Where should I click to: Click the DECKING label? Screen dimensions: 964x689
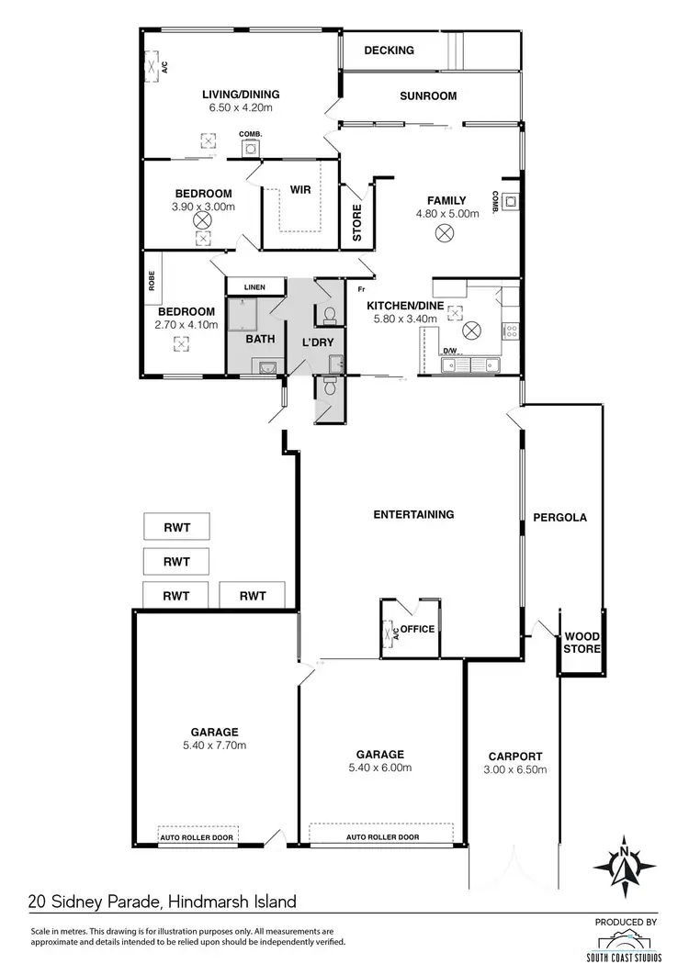click(389, 50)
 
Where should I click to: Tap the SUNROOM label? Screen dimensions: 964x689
click(428, 96)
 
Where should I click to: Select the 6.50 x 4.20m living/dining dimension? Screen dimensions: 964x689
click(241, 107)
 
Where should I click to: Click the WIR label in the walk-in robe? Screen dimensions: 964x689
click(300, 190)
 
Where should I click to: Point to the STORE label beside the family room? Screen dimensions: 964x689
click(357, 223)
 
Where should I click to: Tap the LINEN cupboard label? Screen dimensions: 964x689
click(254, 287)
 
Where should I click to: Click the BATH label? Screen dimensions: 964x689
click(260, 339)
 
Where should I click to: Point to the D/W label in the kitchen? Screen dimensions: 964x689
click(449, 351)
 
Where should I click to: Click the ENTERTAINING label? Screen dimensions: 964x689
click(413, 514)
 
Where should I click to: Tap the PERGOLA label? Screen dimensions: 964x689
click(559, 517)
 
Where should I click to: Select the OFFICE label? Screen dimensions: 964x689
click(417, 629)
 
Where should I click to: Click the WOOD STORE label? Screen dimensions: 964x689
click(582, 643)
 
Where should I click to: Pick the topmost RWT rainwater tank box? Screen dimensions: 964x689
click(176, 527)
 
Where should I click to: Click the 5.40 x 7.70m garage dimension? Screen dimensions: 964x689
click(215, 745)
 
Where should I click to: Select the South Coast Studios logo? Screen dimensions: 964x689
click(629, 939)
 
